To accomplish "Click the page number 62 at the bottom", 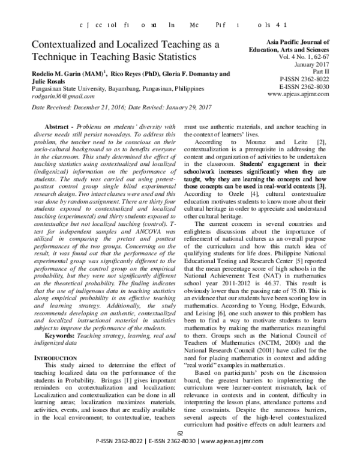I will coord(179,450).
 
